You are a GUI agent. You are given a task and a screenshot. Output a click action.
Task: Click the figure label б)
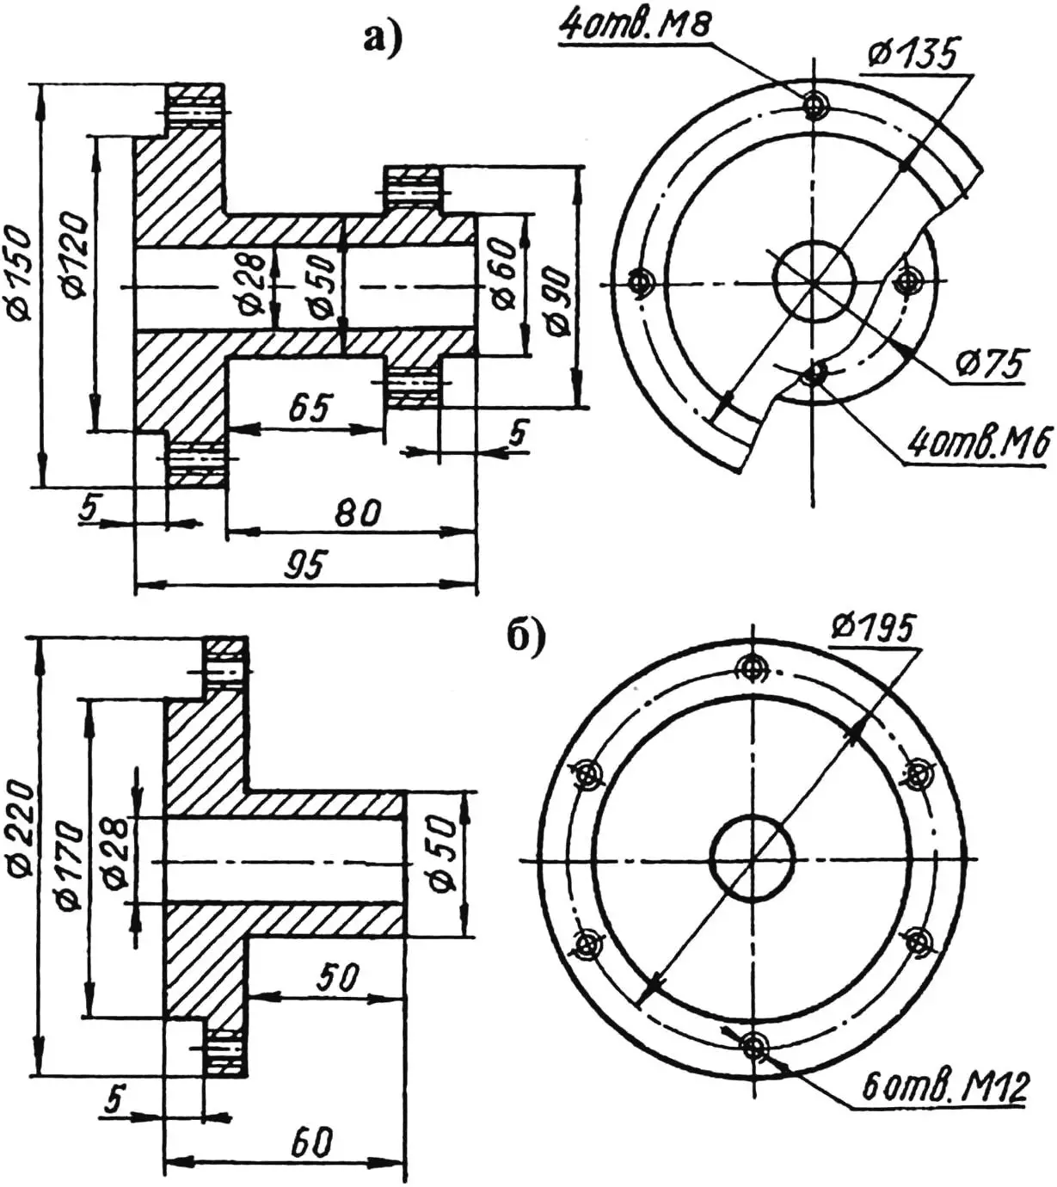point(526,640)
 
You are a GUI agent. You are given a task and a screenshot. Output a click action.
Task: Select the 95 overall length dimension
point(306,563)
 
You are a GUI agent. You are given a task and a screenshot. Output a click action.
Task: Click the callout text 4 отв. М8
point(634,24)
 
